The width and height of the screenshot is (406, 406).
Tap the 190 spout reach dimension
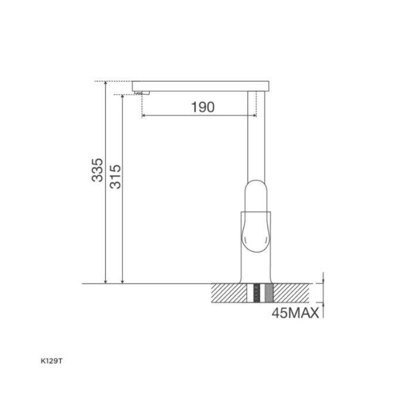pyautogui.click(x=202, y=107)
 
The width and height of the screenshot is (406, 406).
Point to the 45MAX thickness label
pyautogui.click(x=295, y=313)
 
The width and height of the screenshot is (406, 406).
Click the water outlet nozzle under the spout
pyautogui.click(x=140, y=93)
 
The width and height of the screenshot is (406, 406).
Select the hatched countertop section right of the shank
pyautogui.click(x=293, y=293)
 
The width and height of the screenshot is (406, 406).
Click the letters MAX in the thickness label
pyautogui.click(x=304, y=313)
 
